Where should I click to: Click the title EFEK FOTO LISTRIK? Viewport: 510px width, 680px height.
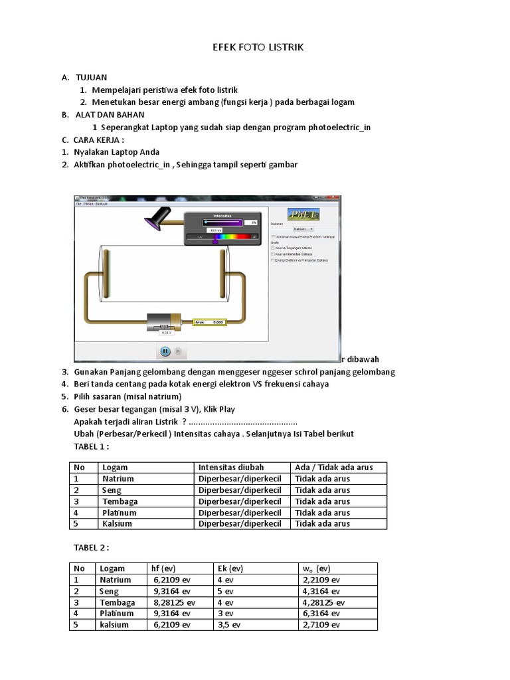tap(258, 48)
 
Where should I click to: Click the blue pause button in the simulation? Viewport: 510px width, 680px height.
tap(165, 351)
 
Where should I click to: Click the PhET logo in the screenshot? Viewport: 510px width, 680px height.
tap(303, 214)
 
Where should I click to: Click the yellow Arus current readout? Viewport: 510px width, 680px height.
tap(209, 322)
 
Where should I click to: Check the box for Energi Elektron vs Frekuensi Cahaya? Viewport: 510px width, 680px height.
tap(273, 260)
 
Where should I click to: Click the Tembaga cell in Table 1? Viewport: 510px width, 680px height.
tap(119, 501)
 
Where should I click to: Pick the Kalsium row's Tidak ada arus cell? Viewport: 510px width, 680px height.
tap(323, 523)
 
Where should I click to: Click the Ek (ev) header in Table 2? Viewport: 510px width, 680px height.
tap(230, 568)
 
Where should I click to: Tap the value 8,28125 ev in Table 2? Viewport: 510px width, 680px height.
tap(173, 602)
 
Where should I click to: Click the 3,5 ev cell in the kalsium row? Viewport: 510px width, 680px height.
tap(229, 625)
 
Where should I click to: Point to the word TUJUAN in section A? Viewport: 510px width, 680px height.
tap(91, 78)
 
